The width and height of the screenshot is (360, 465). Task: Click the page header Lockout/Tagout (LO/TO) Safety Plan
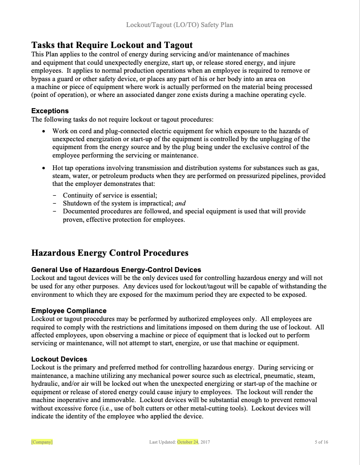point(180,25)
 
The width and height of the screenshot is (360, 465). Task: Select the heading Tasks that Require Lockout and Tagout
point(112,45)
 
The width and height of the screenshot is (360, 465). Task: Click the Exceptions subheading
point(50,111)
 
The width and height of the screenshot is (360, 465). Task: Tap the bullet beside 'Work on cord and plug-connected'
point(43,131)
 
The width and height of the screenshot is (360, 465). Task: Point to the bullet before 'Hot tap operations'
point(43,168)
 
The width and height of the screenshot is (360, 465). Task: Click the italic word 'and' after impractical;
point(180,203)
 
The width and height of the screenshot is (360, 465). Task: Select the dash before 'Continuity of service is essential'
point(55,195)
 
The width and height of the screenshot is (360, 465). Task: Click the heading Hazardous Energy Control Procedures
point(110,253)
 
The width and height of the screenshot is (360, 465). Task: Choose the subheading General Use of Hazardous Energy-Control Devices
point(116,270)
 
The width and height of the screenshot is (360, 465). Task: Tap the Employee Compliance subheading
point(69,311)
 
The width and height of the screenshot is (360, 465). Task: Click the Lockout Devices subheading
point(59,359)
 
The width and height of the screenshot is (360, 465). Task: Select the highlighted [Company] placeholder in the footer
point(42,442)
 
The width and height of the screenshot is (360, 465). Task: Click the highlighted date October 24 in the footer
point(187,442)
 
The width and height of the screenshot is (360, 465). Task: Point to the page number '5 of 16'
point(321,442)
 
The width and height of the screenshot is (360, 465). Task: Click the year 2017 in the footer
point(205,442)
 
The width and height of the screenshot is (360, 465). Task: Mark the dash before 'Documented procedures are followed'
point(55,212)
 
